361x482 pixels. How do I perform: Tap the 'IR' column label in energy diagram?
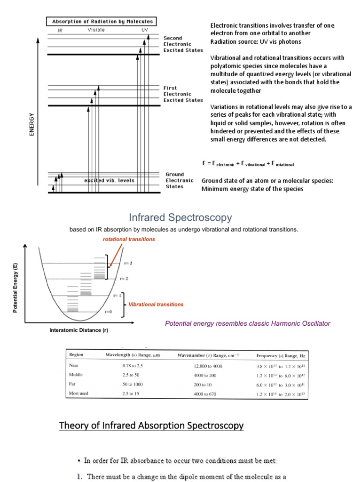(x=60, y=30)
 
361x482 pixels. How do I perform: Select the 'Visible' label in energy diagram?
(x=96, y=30)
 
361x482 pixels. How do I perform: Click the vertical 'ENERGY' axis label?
(x=32, y=124)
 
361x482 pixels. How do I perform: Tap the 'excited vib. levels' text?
(x=109, y=180)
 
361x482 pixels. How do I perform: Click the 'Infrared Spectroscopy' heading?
(x=180, y=217)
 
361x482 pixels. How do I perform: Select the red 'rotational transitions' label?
(x=129, y=239)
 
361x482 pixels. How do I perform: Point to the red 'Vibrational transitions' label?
(x=157, y=305)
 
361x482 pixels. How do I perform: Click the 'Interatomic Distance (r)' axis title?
(x=78, y=330)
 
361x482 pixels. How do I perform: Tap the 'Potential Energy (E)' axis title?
(x=16, y=289)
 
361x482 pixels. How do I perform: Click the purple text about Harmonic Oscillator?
(x=247, y=323)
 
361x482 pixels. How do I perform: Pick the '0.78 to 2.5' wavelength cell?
(x=133, y=365)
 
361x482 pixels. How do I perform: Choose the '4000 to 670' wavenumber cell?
(x=205, y=394)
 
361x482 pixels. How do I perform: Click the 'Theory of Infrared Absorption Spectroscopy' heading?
(x=151, y=426)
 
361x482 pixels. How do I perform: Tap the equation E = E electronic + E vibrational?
(x=248, y=164)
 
